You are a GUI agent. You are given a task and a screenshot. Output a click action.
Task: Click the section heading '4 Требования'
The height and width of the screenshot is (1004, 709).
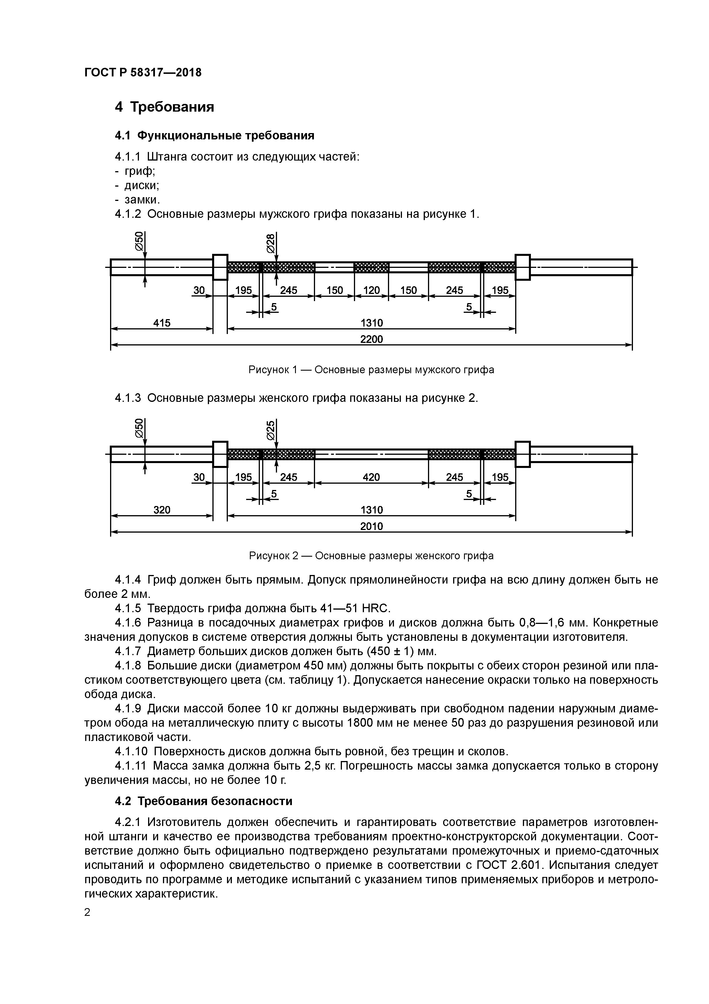pos(164,107)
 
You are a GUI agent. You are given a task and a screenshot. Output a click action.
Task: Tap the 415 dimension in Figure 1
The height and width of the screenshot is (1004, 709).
pos(162,323)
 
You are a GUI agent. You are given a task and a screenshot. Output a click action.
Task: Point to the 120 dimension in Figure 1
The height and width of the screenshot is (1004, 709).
pos(371,290)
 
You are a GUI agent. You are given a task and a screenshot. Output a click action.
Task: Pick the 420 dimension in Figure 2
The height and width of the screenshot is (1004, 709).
pos(371,477)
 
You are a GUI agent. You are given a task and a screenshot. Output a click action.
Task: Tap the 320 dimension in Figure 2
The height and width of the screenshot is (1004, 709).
pos(162,510)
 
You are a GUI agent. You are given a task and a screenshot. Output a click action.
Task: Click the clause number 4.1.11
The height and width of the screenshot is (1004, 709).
pos(132,766)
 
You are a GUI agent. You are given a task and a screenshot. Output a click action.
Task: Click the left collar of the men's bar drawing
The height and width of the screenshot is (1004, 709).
pos(220,267)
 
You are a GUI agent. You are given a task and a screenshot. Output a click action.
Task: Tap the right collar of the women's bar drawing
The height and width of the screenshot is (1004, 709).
pos(523,454)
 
